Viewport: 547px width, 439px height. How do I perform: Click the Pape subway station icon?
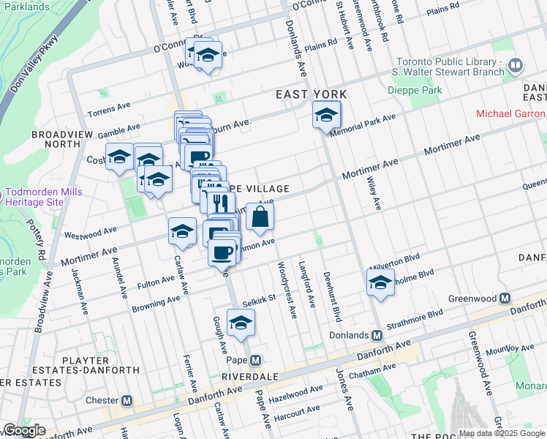pyautogui.click(x=255, y=361)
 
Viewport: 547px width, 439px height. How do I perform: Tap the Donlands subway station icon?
pyautogui.click(x=377, y=335)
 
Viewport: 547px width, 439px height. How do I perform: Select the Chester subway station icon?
pyautogui.click(x=127, y=400)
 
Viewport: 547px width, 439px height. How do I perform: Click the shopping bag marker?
pyautogui.click(x=260, y=217)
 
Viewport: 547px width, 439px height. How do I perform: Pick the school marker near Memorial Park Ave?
pyautogui.click(x=326, y=114)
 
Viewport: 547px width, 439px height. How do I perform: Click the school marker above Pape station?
pyautogui.click(x=240, y=323)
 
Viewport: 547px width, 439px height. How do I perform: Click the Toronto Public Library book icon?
pyautogui.click(x=516, y=67)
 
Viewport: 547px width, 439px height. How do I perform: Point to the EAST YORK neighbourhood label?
pyautogui.click(x=311, y=94)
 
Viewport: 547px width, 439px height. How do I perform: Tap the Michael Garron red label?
pyautogui.click(x=510, y=113)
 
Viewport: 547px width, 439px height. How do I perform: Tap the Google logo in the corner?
pyautogui.click(x=23, y=430)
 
